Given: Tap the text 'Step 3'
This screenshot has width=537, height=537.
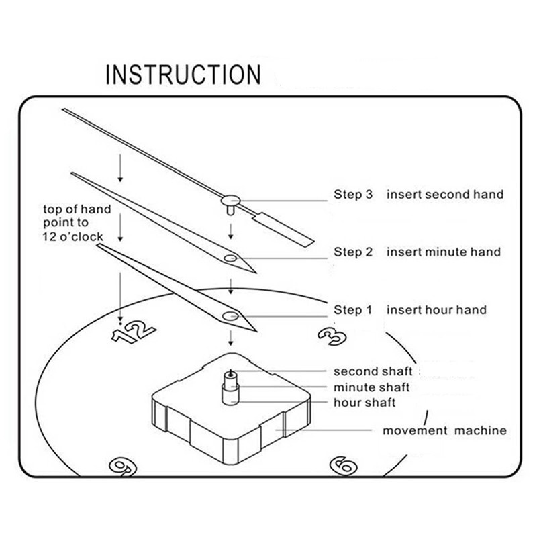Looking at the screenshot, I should pyautogui.click(x=353, y=195).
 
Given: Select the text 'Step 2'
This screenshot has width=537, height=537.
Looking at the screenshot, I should pyautogui.click(x=353, y=252).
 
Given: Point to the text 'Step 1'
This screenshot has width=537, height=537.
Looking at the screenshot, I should pyautogui.click(x=353, y=310).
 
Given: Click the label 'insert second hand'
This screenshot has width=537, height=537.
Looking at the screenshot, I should pyautogui.click(x=444, y=195).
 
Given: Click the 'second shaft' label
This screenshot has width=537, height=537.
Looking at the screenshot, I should pyautogui.click(x=373, y=371).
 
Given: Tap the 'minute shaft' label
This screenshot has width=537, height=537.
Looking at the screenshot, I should pyautogui.click(x=372, y=387).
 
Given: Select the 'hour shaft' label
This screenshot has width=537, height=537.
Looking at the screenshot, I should pyautogui.click(x=364, y=403).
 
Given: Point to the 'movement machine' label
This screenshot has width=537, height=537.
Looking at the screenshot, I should pyautogui.click(x=444, y=430).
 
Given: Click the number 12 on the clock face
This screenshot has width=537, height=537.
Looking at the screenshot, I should pyautogui.click(x=133, y=332).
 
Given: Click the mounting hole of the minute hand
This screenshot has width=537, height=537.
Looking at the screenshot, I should pyautogui.click(x=230, y=258).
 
